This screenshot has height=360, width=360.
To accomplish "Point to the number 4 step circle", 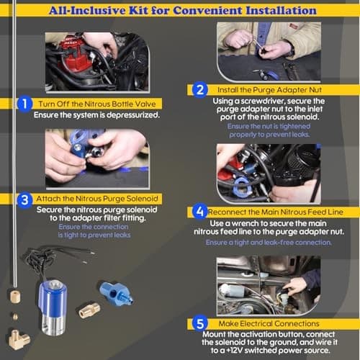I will click(x=201, y=212).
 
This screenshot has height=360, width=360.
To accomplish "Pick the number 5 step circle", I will click(x=201, y=323).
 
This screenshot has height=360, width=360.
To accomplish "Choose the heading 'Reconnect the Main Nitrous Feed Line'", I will click(x=277, y=212).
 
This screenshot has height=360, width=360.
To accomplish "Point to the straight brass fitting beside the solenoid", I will click(x=91, y=310).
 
